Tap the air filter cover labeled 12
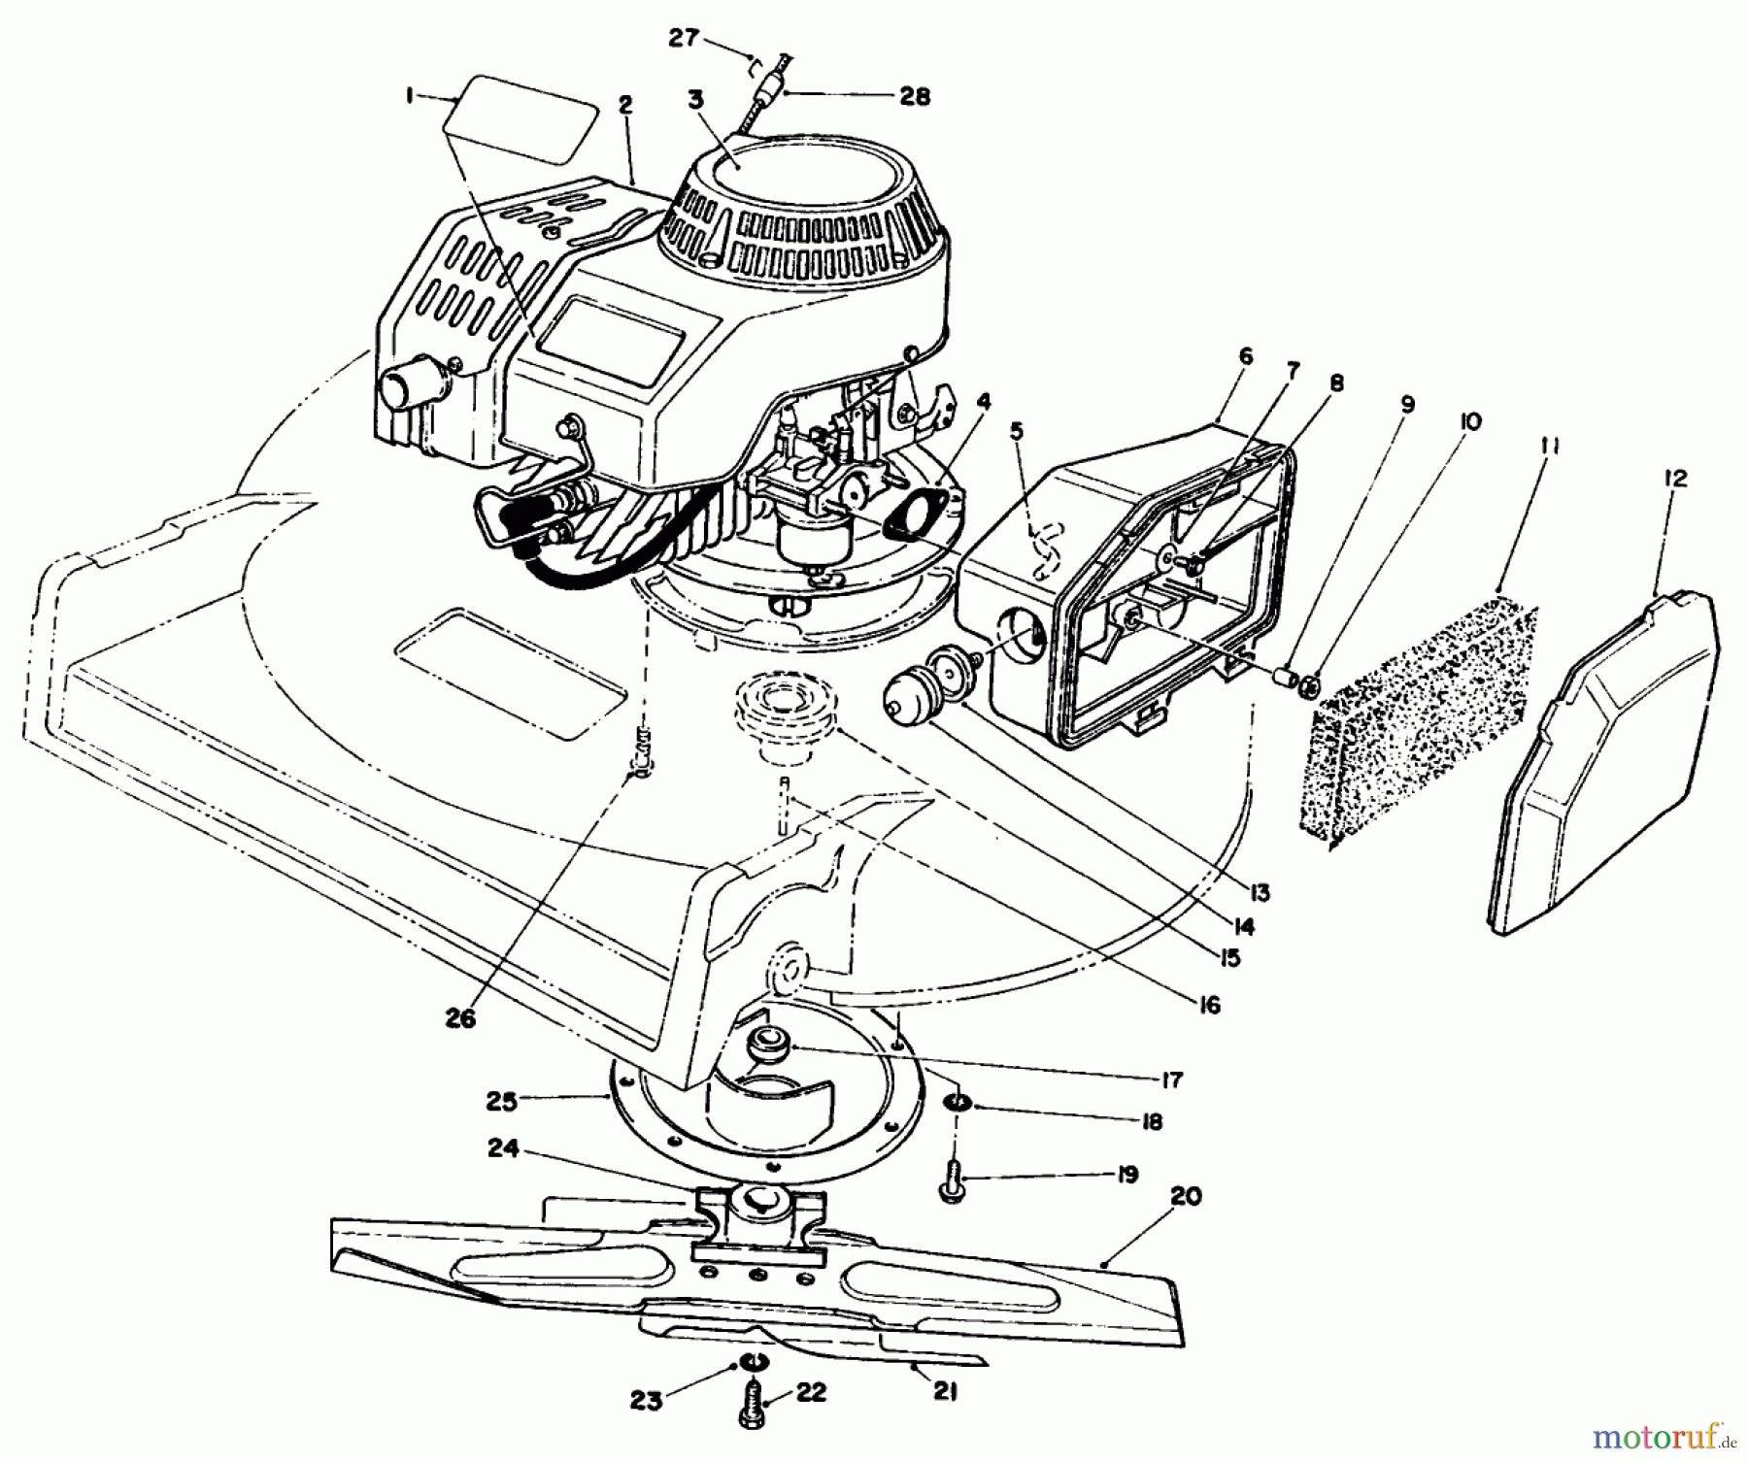[1602, 767]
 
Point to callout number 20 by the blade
[1186, 1196]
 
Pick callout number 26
[462, 1018]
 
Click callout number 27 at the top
[684, 38]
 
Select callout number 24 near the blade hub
[530, 1149]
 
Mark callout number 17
[1170, 1079]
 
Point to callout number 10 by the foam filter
[1469, 422]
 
